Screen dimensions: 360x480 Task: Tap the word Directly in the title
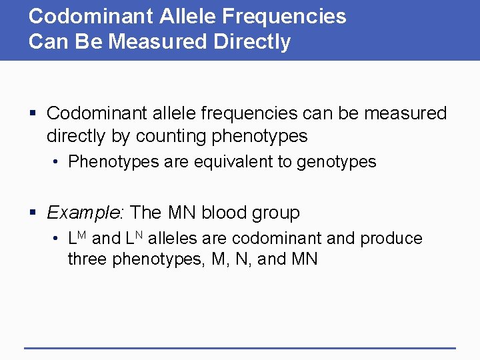point(252,42)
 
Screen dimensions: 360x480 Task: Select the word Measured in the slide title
point(159,42)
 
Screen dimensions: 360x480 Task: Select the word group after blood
point(277,213)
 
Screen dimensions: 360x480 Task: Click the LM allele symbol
point(77,237)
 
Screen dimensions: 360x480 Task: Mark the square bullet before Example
point(33,213)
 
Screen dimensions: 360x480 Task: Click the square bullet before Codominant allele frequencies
point(33,114)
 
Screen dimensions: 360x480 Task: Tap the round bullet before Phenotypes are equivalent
point(58,163)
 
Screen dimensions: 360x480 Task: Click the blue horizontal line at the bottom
point(240,347)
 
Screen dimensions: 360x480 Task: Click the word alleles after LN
point(175,239)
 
